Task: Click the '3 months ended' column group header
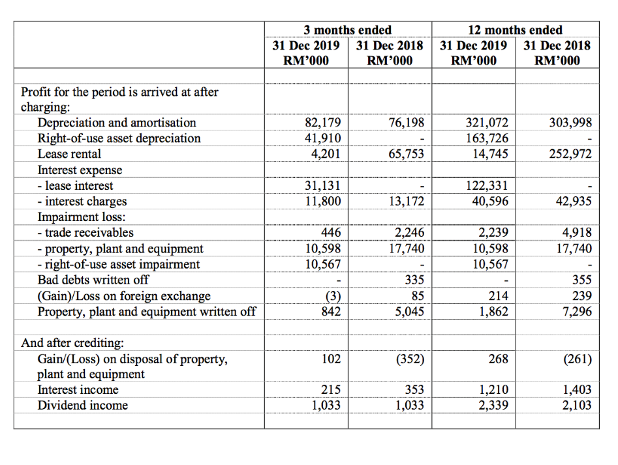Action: pyautogui.click(x=348, y=30)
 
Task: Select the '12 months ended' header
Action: pyautogui.click(x=515, y=30)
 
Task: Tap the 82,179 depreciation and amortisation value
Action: pyautogui.click(x=323, y=123)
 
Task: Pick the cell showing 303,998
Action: pyautogui.click(x=571, y=123)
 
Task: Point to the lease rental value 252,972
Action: pyautogui.click(x=571, y=155)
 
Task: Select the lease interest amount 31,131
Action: pyautogui.click(x=323, y=186)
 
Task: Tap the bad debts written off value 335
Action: pyautogui.click(x=414, y=280)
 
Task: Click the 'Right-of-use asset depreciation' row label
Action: pyautogui.click(x=119, y=138)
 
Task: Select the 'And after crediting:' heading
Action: pyautogui.click(x=72, y=343)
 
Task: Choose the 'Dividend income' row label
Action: pyautogui.click(x=82, y=406)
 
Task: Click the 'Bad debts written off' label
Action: pyautogui.click(x=93, y=280)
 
